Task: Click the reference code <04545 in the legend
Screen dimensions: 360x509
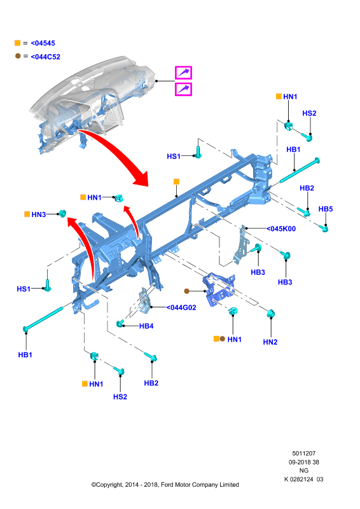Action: pyautogui.click(x=43, y=43)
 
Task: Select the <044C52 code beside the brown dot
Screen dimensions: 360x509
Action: pyautogui.click(x=45, y=57)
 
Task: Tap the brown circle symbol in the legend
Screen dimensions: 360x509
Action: pyautogui.click(x=18, y=56)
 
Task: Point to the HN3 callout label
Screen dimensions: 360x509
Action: pyautogui.click(x=39, y=214)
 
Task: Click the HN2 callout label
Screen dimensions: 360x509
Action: pyautogui.click(x=270, y=342)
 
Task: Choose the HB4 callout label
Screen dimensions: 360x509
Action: pyautogui.click(x=146, y=326)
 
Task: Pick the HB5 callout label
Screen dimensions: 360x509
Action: pyautogui.click(x=326, y=209)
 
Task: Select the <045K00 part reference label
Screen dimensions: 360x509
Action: pyautogui.click(x=281, y=228)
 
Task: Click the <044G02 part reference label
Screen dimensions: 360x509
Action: pyautogui.click(x=181, y=307)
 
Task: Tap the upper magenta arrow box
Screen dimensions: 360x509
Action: pyautogui.click(x=183, y=73)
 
